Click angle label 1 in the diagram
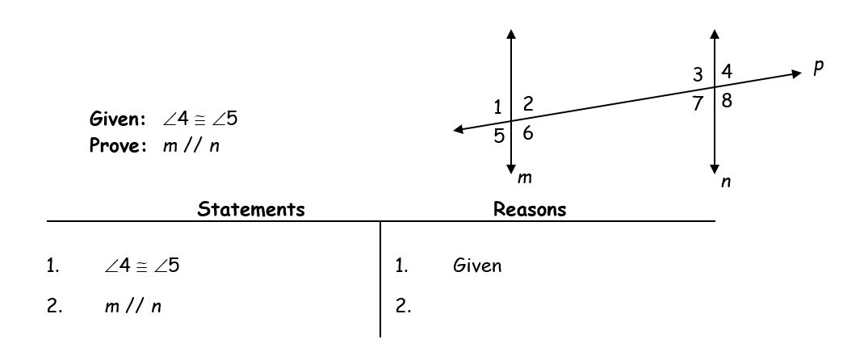498,107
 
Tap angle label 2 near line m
528,103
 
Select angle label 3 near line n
698,74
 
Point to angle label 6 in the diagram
528,132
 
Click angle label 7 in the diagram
698,103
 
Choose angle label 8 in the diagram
727,101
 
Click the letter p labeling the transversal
818,67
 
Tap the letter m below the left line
525,178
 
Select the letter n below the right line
726,182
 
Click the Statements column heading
250,209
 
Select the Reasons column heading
530,209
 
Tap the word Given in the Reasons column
477,266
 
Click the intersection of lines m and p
511,120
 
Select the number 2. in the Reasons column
404,307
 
